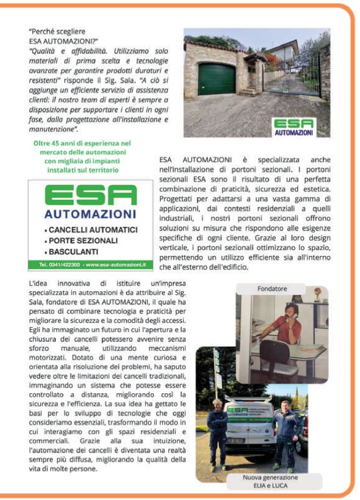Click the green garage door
217,78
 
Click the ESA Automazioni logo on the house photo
294,127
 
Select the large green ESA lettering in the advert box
90,196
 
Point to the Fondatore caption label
272,289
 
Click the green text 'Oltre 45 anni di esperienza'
82,143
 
